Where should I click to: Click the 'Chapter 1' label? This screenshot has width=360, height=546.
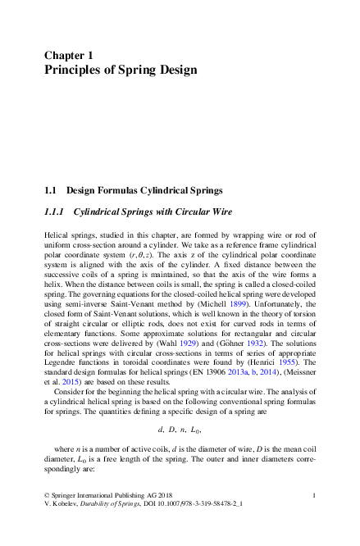coord(68,55)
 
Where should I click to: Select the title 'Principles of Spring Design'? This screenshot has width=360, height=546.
coord(120,70)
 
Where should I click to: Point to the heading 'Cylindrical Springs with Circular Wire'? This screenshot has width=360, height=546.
coord(153,212)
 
